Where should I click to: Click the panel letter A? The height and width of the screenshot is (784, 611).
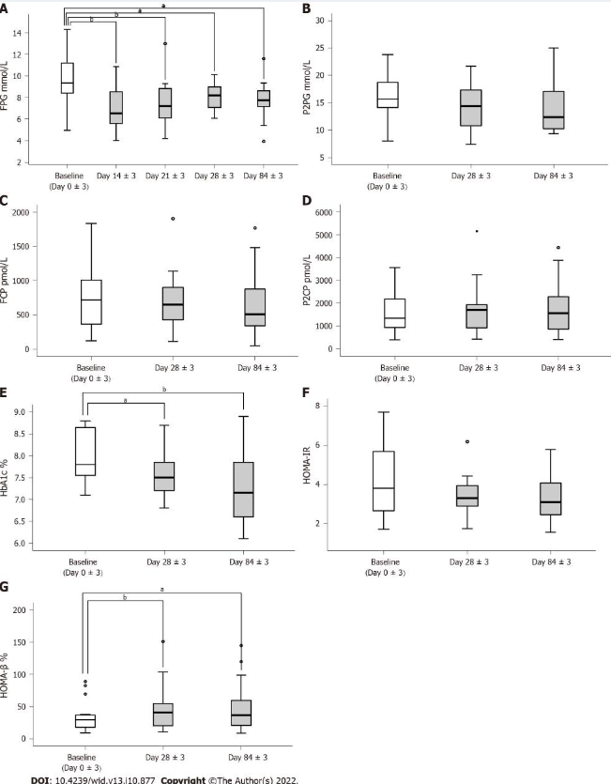8,9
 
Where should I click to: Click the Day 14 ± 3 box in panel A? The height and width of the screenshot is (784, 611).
115,107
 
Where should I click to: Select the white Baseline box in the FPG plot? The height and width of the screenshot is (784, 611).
67,78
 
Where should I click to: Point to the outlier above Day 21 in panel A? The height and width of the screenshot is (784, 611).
165,43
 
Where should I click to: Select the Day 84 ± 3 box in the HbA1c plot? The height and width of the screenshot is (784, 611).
242,489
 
